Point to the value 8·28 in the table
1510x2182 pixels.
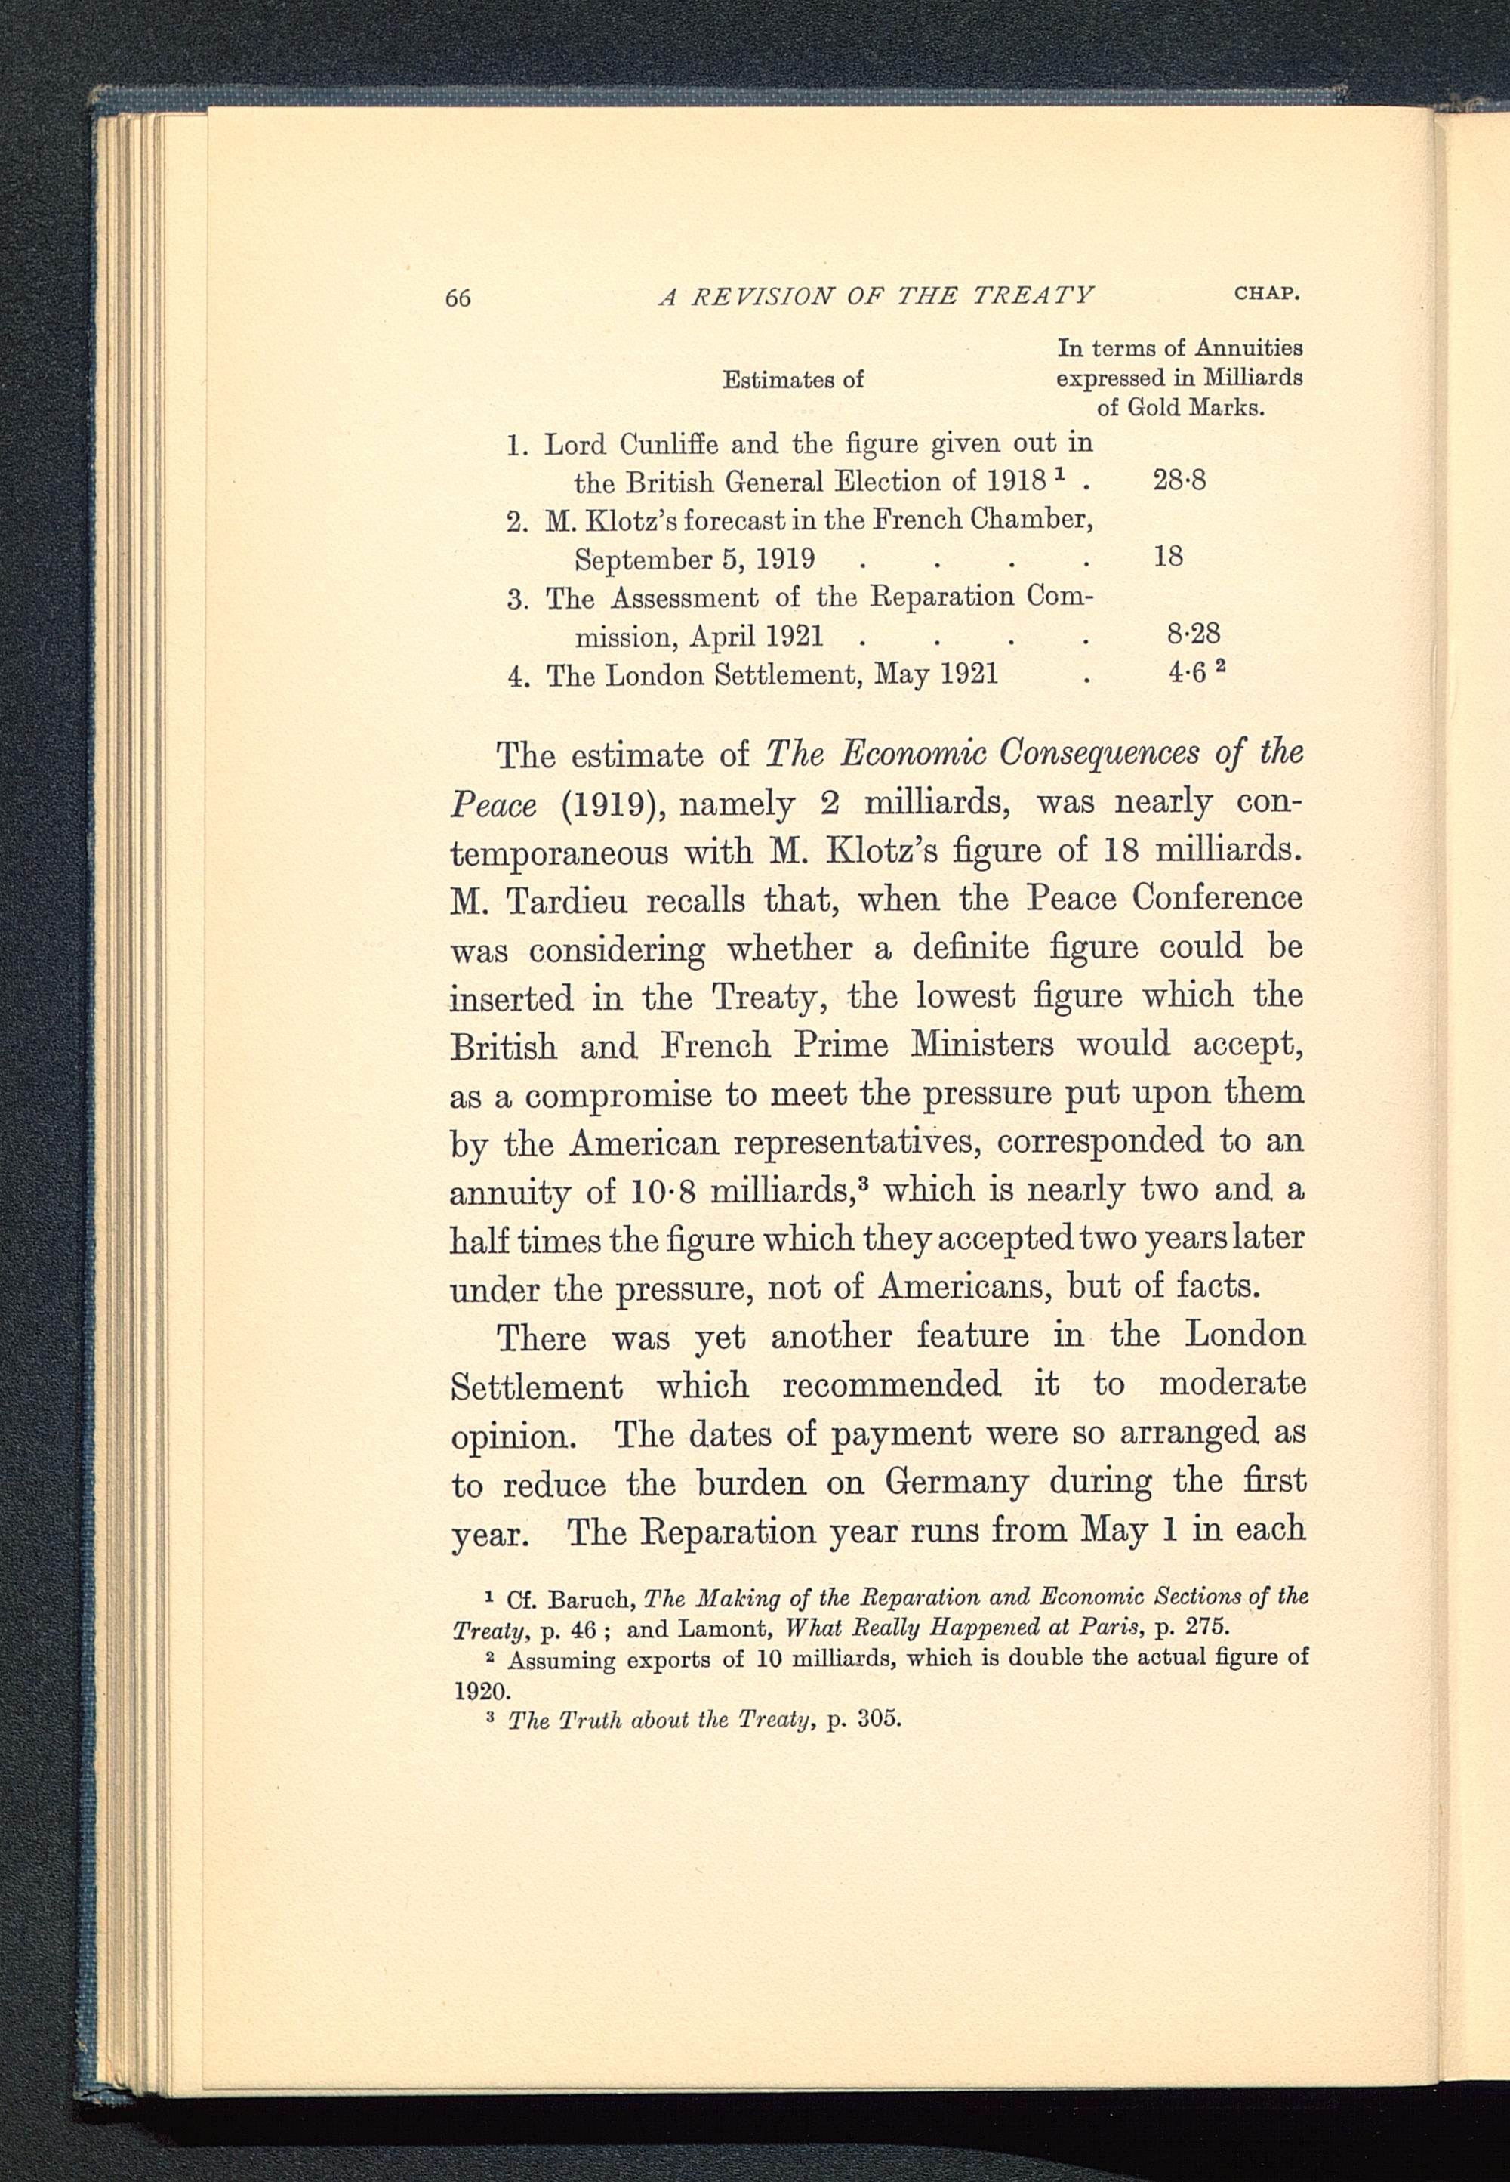[1193, 631]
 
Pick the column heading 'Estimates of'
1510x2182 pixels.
[793, 379]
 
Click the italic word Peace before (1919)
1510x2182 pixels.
[493, 805]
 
